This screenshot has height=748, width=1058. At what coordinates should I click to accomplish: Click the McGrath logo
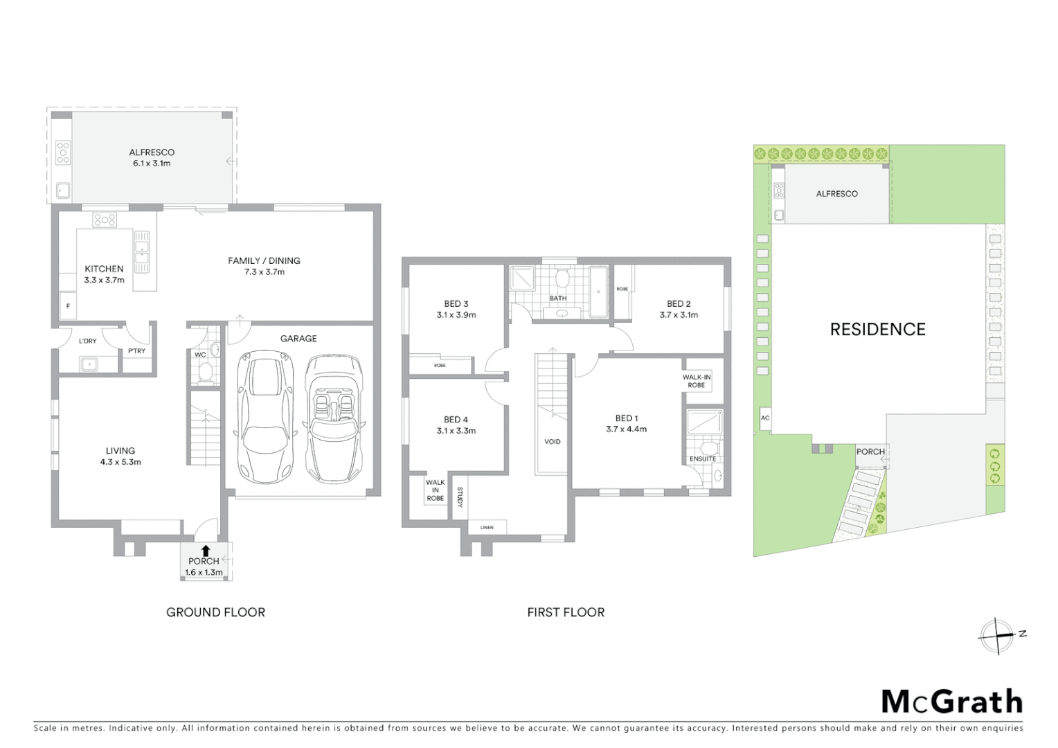pos(951,702)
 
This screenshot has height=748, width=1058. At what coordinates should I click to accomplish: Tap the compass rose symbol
pos(998,636)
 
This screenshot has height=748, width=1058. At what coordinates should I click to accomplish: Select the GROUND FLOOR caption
pos(215,612)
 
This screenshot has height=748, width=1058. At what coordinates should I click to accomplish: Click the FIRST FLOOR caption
pos(566,612)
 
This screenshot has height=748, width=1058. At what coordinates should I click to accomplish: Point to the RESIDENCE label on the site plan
pos(877,330)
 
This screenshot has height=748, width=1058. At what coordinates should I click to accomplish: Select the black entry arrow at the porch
pos(205,551)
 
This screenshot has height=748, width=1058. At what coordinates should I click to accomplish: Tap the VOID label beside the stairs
pos(553,442)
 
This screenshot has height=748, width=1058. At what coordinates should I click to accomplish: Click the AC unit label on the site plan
pos(764,418)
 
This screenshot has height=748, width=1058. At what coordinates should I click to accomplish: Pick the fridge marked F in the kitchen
pos(68,305)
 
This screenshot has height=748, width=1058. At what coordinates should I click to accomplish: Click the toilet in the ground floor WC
pos(205,374)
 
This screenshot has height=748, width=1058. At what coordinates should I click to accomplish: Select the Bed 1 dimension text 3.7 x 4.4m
pos(626,429)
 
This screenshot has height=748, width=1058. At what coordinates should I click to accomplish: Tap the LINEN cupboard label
pos(487,528)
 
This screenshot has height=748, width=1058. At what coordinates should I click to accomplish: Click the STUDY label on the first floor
pos(460,497)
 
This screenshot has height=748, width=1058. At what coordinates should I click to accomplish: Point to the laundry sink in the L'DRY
pos(88,364)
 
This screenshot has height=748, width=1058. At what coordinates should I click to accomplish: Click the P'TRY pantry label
pos(137,351)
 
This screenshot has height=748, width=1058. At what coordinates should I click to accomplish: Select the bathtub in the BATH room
pos(598,292)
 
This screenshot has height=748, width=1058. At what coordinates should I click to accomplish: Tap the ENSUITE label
pos(702,459)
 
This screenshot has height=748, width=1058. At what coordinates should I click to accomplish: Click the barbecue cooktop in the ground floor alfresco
pos(63,152)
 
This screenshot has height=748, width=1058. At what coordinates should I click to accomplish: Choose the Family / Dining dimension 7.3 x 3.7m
pos(264,272)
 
